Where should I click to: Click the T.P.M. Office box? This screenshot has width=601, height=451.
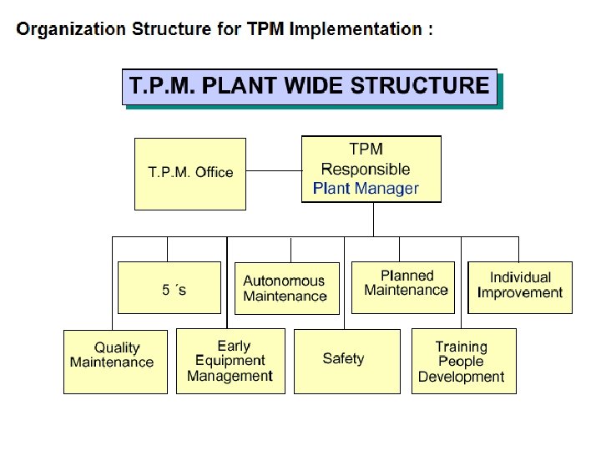[x=190, y=174]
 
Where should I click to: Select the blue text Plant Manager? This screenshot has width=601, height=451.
[x=366, y=189]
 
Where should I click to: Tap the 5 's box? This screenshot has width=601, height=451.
[x=169, y=287]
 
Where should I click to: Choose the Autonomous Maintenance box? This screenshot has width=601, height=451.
[x=286, y=289]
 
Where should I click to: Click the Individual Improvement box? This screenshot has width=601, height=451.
[x=520, y=286]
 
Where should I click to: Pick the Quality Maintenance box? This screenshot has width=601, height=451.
[x=115, y=361]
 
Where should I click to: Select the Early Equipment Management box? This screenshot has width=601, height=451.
[x=230, y=361]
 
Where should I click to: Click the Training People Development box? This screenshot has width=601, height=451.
[x=463, y=361]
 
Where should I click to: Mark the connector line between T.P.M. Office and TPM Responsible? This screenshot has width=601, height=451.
[x=273, y=172]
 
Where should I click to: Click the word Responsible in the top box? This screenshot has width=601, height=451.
[x=366, y=170]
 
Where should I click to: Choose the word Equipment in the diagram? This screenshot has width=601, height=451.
[x=230, y=361]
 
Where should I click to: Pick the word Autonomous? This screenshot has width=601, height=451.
[x=284, y=281]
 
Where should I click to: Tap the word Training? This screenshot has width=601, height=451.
[x=461, y=347]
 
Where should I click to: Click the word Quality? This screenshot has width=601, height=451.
[x=117, y=347]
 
